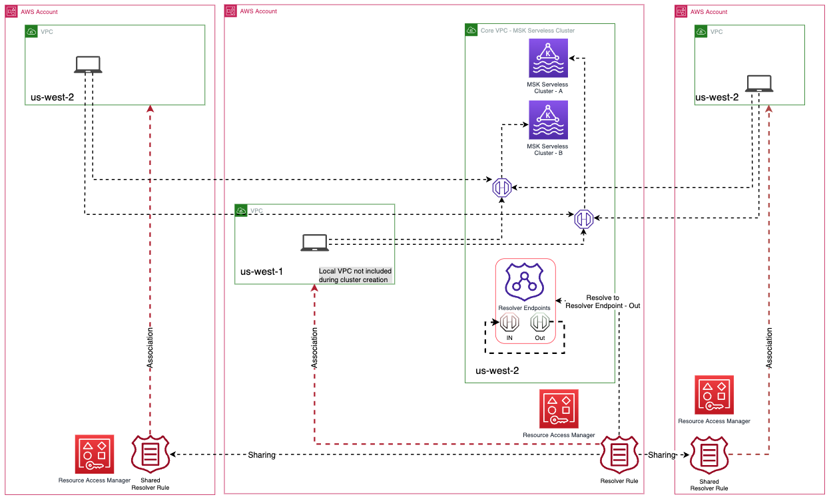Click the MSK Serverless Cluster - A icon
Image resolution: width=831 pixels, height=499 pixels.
click(x=548, y=58)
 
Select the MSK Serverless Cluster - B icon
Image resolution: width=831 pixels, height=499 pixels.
click(x=548, y=120)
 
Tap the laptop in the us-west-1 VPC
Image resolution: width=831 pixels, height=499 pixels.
click(x=314, y=243)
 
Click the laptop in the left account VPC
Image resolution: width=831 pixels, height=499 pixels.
click(x=88, y=64)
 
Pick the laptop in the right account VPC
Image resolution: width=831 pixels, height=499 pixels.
click(x=759, y=83)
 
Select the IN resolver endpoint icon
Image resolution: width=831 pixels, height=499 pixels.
click(x=509, y=323)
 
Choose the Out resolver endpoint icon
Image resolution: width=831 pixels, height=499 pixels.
click(x=539, y=323)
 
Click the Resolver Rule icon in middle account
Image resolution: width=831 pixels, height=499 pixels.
click(x=619, y=454)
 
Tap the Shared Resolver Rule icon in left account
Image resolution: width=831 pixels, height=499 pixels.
click(x=150, y=454)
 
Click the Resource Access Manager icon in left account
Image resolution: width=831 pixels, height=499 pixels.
click(x=95, y=454)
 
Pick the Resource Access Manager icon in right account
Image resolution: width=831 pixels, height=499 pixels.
click(x=714, y=395)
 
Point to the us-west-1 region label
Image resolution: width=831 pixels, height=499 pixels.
click(x=262, y=272)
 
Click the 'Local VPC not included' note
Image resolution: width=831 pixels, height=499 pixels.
click(x=355, y=275)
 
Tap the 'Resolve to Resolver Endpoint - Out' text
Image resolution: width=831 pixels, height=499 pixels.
click(x=603, y=301)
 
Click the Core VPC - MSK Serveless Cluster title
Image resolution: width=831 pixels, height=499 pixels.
click(x=527, y=31)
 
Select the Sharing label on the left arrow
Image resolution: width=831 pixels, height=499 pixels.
click(x=261, y=455)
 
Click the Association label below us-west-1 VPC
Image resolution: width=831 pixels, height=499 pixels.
click(x=314, y=349)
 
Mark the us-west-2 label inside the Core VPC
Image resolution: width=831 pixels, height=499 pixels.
click(x=497, y=371)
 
